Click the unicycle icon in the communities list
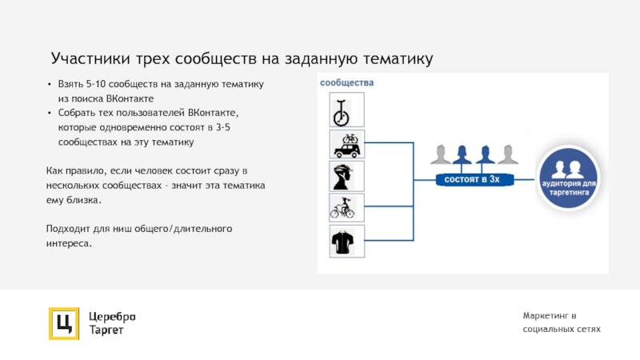[347, 110]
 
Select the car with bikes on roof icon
[347, 144]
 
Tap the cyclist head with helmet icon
[347, 177]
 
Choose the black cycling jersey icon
[347, 241]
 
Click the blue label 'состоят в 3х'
[472, 180]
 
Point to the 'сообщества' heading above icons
[347, 82]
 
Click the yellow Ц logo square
[63, 323]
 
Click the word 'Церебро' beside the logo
[113, 315]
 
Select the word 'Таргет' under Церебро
[106, 330]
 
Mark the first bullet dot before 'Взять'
[49, 84]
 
